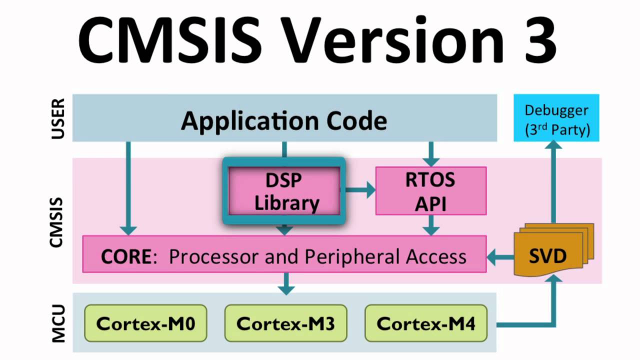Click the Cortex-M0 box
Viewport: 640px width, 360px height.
click(x=145, y=323)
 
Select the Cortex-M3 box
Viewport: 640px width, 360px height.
click(x=285, y=323)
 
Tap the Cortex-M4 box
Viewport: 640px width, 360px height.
click(x=426, y=323)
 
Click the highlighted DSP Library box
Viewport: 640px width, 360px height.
click(x=284, y=191)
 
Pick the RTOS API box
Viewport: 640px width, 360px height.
click(x=430, y=191)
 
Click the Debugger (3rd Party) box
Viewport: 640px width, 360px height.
click(x=557, y=120)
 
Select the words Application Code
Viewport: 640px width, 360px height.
click(x=284, y=120)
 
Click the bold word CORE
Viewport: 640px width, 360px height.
click(x=125, y=256)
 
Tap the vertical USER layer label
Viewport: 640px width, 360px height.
click(x=58, y=119)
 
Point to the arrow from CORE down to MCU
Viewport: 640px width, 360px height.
click(x=285, y=283)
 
